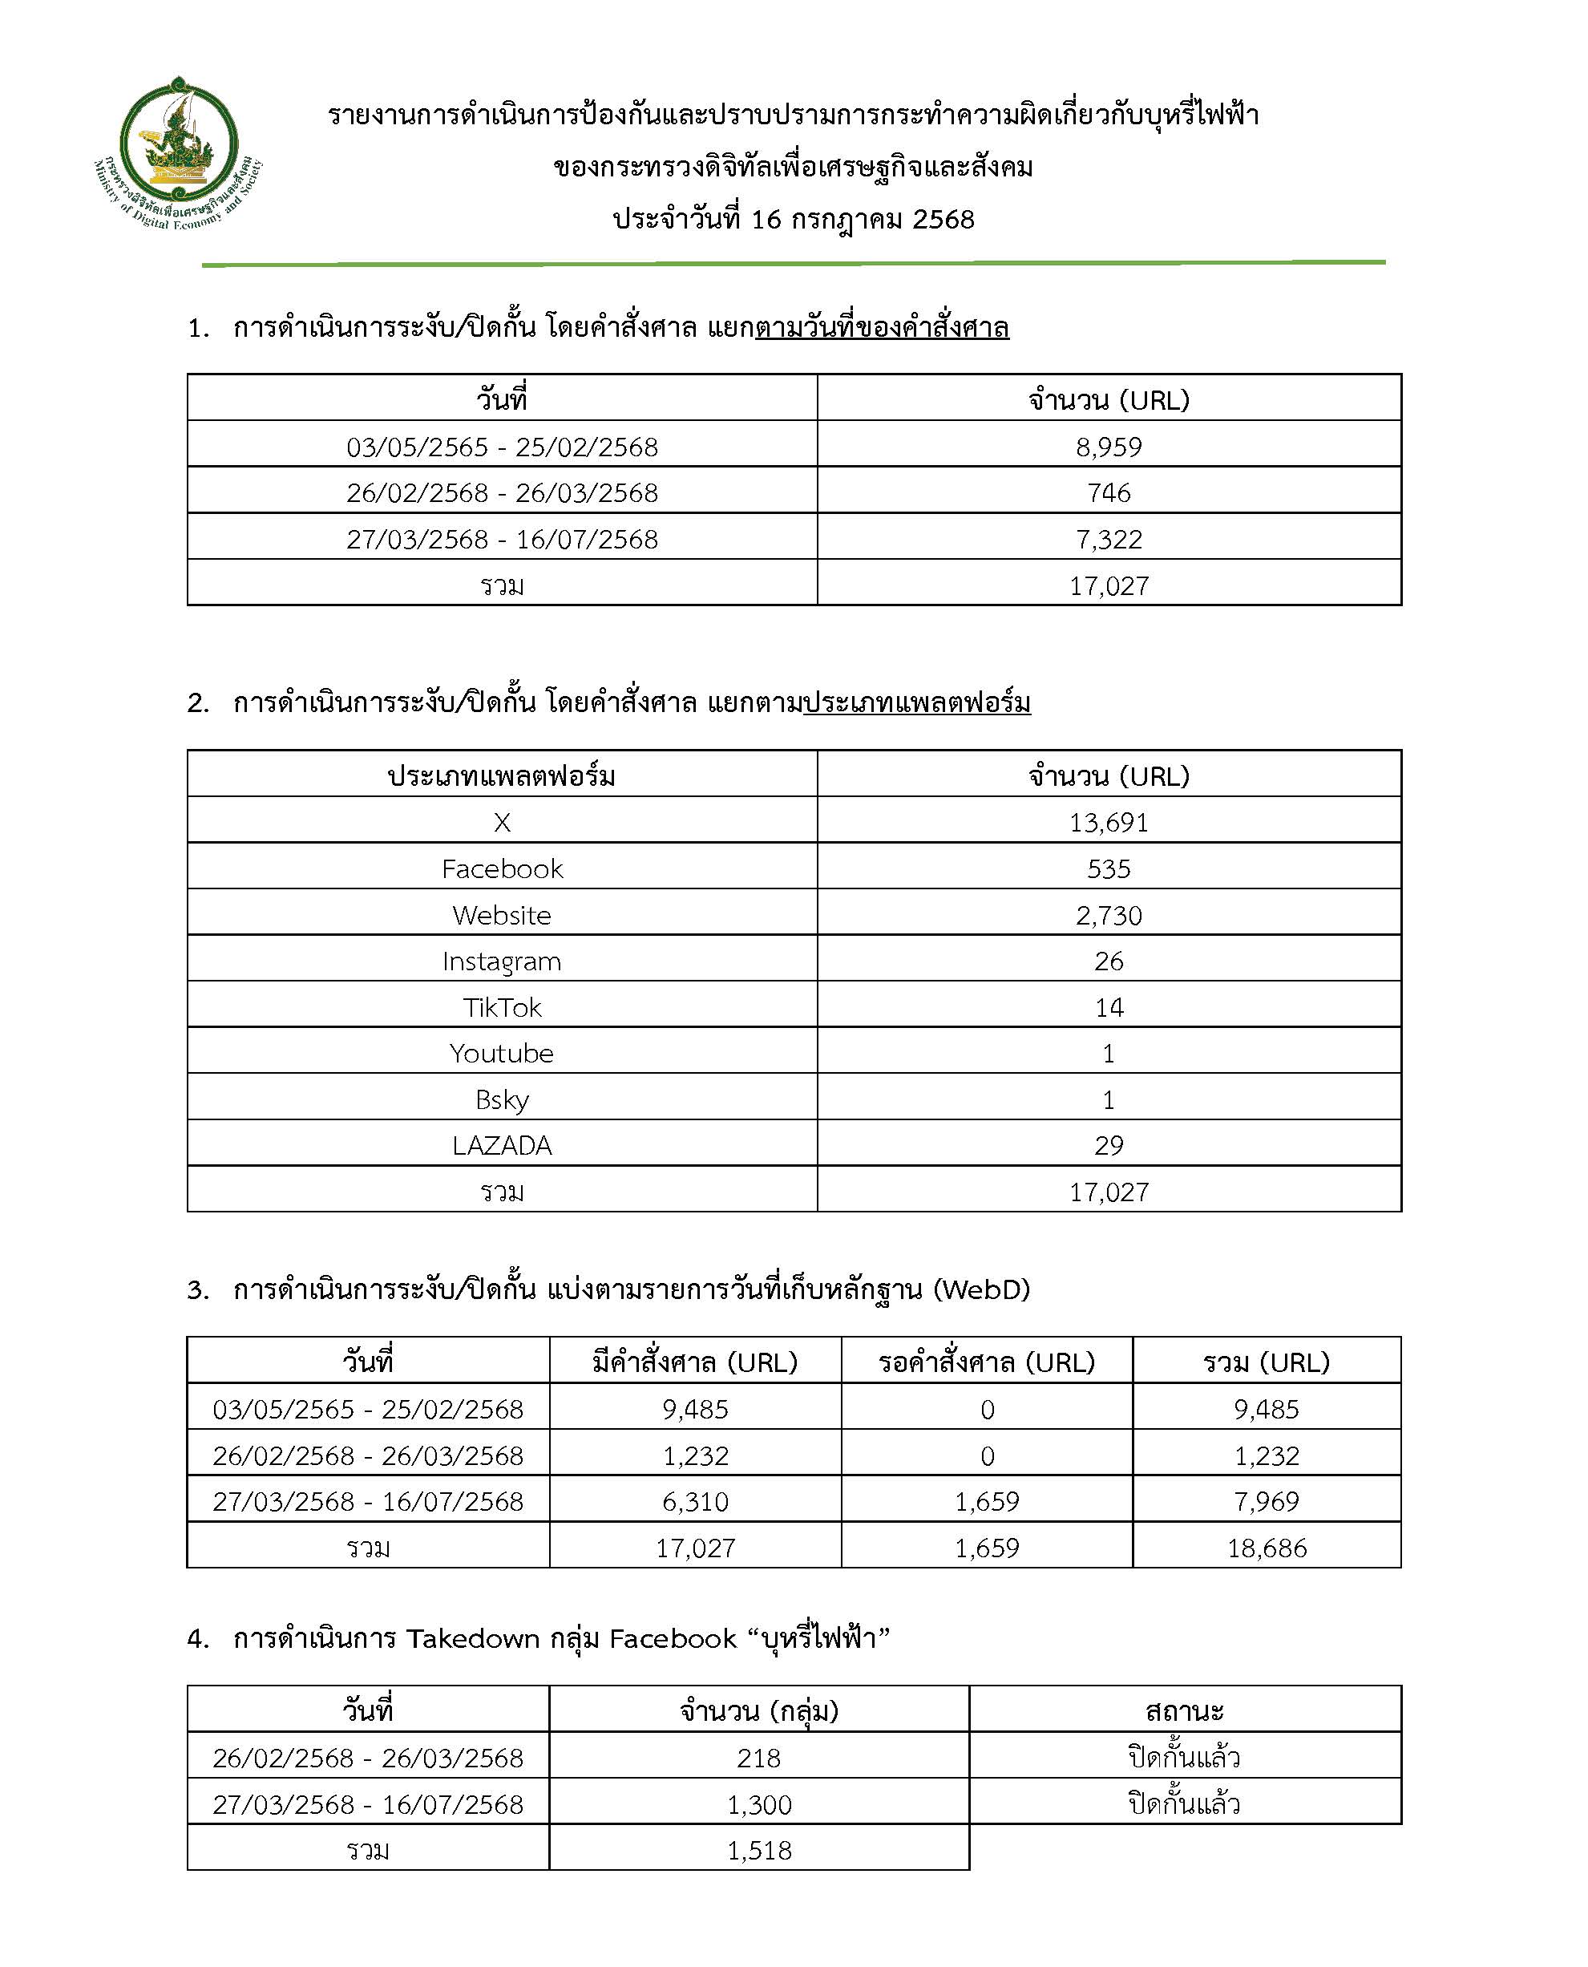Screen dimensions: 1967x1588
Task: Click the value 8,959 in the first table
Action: point(1109,447)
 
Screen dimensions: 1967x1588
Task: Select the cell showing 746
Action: point(1109,493)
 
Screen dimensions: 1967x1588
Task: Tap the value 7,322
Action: point(1109,540)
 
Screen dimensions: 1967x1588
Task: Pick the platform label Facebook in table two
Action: point(501,869)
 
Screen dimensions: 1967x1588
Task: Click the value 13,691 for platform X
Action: point(1109,824)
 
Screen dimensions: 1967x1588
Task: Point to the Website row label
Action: point(501,916)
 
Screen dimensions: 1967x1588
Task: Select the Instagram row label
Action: point(501,961)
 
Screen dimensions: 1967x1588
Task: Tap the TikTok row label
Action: point(501,1008)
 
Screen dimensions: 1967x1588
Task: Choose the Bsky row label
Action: point(501,1099)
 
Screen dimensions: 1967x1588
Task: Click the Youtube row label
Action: point(501,1054)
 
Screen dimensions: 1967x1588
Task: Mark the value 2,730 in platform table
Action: point(1109,916)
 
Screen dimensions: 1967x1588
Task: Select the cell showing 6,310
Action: point(695,1502)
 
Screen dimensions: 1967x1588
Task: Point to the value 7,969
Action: point(1267,1502)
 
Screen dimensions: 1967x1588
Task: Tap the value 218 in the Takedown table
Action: point(758,1759)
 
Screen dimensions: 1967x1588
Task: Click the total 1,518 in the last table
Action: point(758,1851)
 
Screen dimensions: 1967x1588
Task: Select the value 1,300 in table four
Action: point(758,1805)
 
